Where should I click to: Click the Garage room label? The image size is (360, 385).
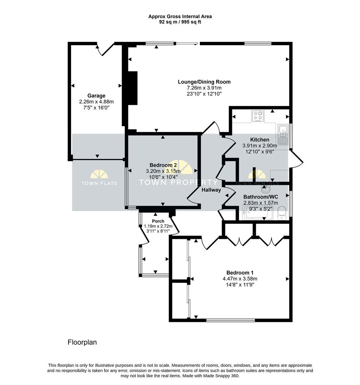point(96,96)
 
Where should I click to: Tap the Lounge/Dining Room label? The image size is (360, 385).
point(204,82)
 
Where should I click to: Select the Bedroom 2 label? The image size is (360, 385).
point(163,165)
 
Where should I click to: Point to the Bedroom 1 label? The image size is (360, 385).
point(240,273)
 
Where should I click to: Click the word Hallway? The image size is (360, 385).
point(211,190)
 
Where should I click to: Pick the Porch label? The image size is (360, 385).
point(158,221)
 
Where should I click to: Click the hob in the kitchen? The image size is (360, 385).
point(258,116)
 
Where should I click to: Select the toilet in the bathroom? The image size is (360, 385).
point(282,213)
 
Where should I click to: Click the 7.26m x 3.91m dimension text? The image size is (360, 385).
point(204,88)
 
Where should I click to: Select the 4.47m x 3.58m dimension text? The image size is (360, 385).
point(240,279)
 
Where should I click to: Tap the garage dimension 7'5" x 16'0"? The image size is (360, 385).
point(96,108)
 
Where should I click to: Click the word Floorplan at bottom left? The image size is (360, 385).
point(82,342)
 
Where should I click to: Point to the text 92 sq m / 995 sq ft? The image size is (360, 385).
point(180,22)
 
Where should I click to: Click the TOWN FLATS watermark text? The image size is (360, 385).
point(99,183)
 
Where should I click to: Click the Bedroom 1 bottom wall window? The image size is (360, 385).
point(230,320)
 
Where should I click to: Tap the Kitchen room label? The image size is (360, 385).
point(260,140)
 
